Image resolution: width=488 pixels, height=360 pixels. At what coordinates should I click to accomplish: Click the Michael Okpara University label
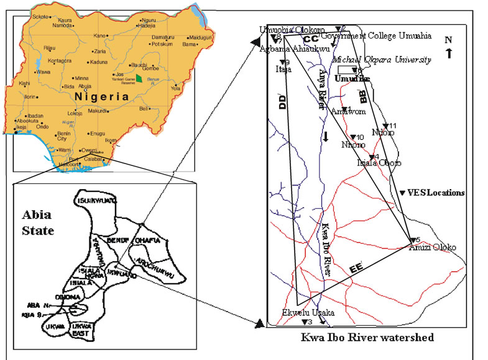pyautogui.click(x=382, y=60)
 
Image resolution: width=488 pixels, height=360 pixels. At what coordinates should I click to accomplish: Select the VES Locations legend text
pyautogui.click(x=436, y=193)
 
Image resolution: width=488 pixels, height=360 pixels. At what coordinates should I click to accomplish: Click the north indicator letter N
pyautogui.click(x=448, y=40)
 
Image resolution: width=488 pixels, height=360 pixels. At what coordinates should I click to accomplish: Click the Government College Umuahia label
pyautogui.click(x=384, y=36)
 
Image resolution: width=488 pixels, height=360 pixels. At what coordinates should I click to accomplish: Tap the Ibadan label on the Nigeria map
pyautogui.click(x=35, y=116)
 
